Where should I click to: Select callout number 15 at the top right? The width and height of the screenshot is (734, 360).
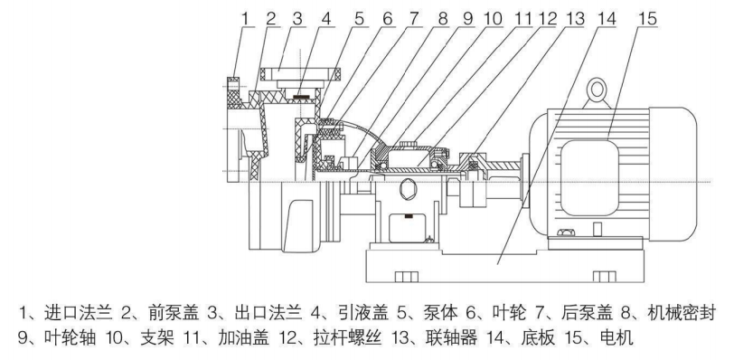click(x=647, y=19)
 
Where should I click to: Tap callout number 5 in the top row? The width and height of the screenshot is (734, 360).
click(x=359, y=19)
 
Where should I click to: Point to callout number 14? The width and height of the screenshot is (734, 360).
click(x=606, y=19)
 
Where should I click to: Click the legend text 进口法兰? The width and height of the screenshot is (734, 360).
click(x=79, y=313)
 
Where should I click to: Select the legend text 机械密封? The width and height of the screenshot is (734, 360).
click(x=681, y=313)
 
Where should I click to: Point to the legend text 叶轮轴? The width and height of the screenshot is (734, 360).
click(x=71, y=337)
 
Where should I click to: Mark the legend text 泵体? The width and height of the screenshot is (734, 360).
click(x=440, y=313)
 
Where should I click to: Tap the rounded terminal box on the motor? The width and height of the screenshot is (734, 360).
click(x=589, y=178)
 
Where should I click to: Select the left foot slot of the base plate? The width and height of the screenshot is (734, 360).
click(x=407, y=277)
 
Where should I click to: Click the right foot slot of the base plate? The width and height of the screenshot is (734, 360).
click(x=605, y=277)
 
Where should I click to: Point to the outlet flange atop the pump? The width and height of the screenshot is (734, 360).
click(x=300, y=74)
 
